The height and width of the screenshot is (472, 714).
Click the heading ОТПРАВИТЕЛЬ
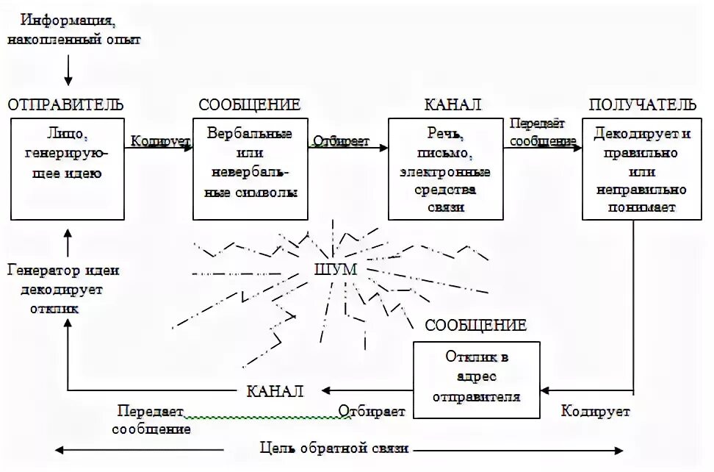[66, 104]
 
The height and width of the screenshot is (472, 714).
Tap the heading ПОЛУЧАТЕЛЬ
[642, 104]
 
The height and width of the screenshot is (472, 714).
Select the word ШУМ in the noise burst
[334, 270]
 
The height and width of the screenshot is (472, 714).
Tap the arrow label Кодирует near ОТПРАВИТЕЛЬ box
[159, 140]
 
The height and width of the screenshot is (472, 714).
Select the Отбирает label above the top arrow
[341, 140]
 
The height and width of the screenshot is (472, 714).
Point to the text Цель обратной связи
[334, 448]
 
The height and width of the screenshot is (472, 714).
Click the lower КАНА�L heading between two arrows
[275, 390]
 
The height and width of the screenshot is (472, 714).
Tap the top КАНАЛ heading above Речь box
[452, 104]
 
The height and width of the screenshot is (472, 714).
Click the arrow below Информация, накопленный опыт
[68, 71]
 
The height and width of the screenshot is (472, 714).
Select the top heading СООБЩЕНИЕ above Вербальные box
[249, 104]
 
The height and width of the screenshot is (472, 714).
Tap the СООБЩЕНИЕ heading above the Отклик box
[476, 325]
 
